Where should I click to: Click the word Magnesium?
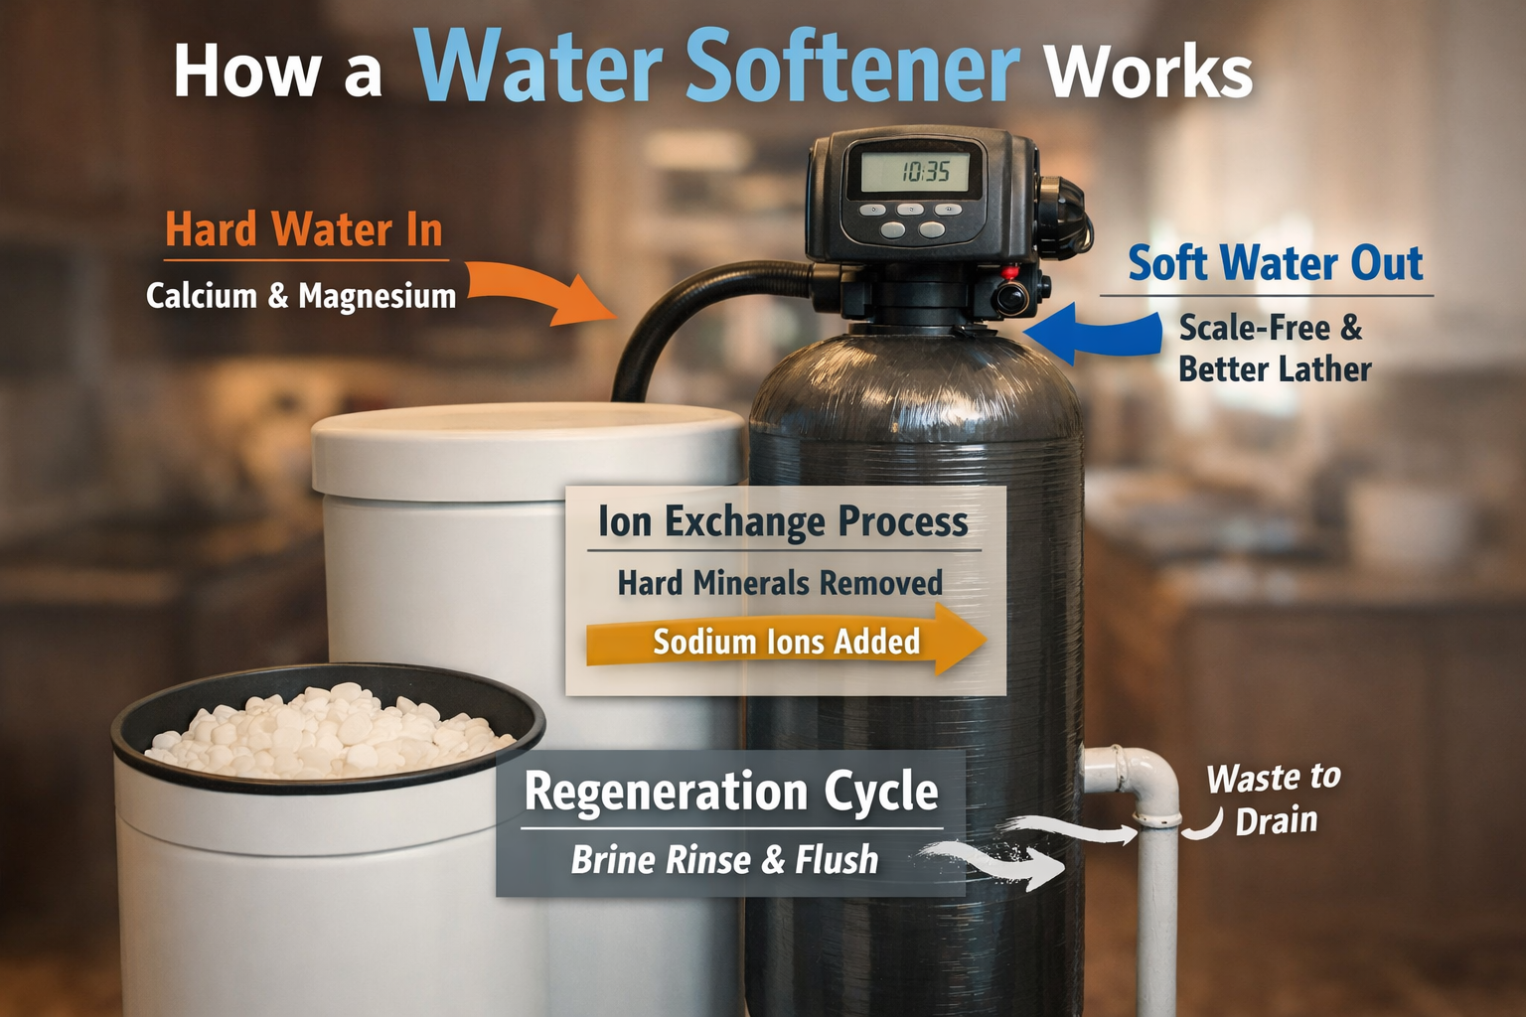point(377,296)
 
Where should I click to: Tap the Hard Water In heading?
point(304,229)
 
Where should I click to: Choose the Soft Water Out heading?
point(1275,264)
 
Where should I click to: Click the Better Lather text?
point(1275,369)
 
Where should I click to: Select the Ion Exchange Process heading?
point(782,521)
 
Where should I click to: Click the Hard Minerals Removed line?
point(780,583)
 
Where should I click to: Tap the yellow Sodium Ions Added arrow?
point(785,642)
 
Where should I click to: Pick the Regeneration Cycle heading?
point(731,792)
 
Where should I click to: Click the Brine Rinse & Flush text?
point(724,860)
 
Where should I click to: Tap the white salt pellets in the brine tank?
point(328,735)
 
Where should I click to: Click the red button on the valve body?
point(1010,271)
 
